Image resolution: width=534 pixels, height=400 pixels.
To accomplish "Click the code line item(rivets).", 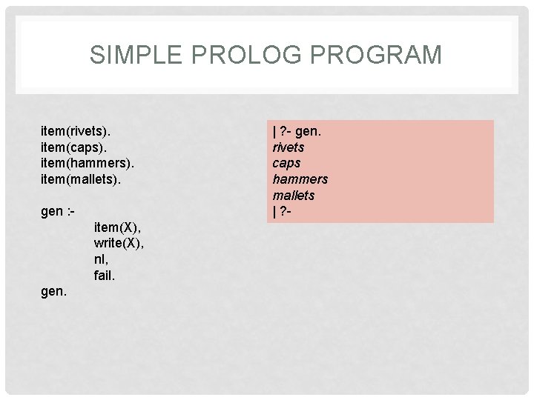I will pyautogui.click(x=76, y=131).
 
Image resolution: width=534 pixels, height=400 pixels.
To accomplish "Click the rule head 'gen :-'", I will pyautogui.click(x=57, y=211).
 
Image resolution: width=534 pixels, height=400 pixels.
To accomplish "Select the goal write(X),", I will pyautogui.click(x=119, y=244).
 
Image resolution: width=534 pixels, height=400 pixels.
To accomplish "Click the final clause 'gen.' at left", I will pyautogui.click(x=53, y=292).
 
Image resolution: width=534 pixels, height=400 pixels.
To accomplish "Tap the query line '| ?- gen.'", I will pyautogui.click(x=297, y=131).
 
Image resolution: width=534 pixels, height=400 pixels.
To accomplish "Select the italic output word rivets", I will pyautogui.click(x=289, y=147).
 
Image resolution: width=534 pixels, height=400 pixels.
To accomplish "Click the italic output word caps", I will pyautogui.click(x=286, y=163).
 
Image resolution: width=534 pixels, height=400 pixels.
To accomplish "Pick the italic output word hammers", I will pyautogui.click(x=300, y=179).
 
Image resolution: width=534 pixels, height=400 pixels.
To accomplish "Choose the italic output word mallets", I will pyautogui.click(x=294, y=196).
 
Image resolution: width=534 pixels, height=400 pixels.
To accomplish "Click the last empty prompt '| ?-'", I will pyautogui.click(x=283, y=212).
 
